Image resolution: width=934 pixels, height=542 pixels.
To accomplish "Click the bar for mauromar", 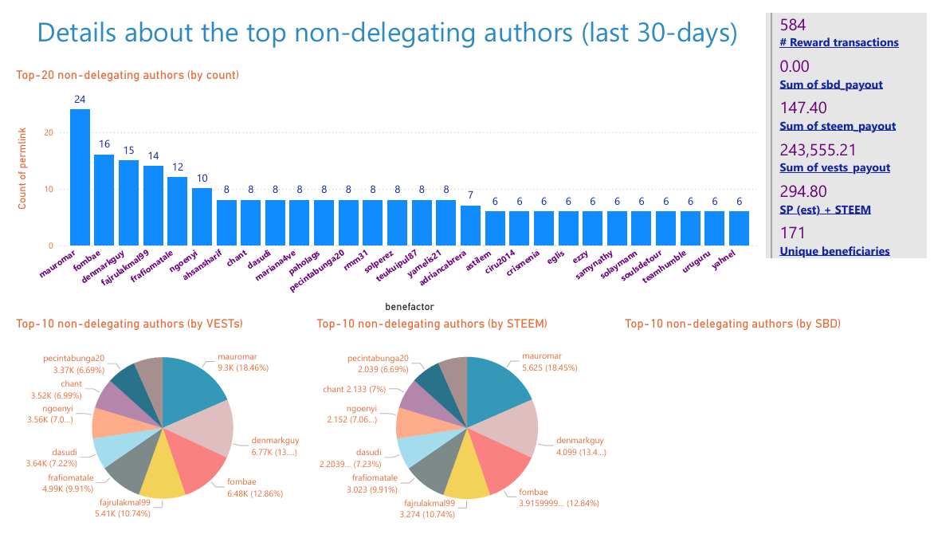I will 80,177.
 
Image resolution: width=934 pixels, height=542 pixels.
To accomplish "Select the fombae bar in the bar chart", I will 104,199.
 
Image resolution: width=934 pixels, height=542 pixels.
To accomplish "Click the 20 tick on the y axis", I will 49,133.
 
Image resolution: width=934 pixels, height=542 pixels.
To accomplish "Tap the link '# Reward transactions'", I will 839,42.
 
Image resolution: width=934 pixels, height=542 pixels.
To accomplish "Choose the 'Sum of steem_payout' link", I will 838,126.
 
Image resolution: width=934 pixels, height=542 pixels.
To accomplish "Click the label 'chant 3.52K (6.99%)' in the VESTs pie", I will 73,390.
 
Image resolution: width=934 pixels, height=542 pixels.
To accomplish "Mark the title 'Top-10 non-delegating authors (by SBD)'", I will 732,324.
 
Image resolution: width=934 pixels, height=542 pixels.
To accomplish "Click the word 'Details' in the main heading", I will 82,33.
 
